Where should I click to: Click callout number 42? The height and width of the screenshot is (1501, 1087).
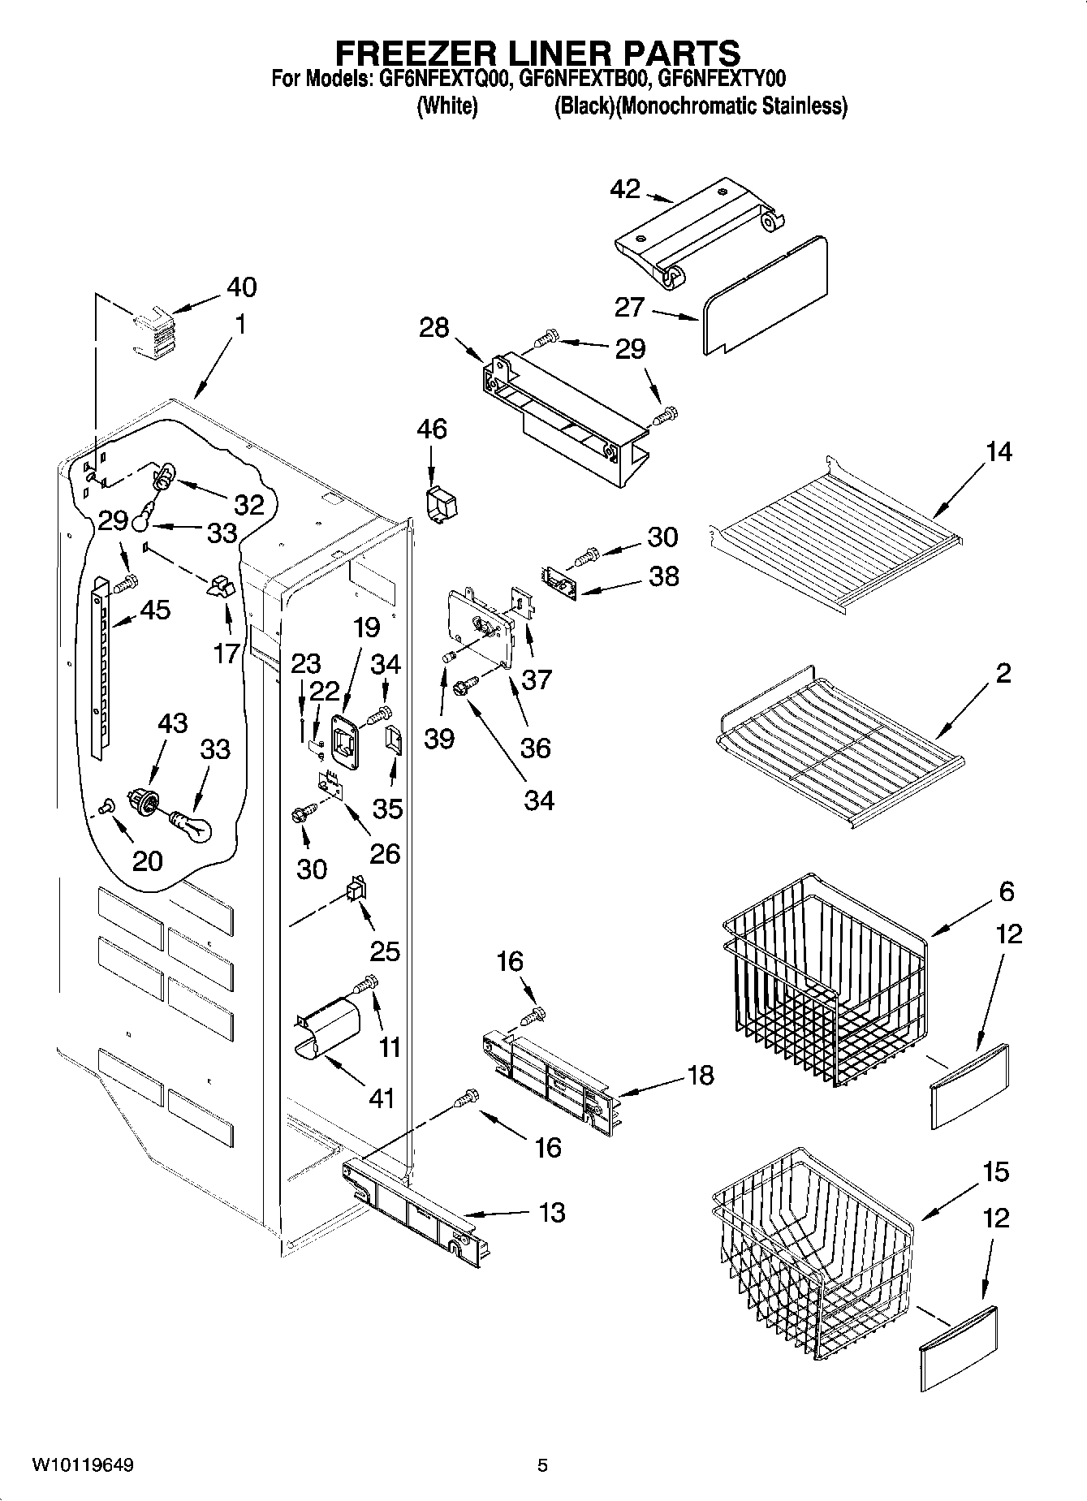point(625,189)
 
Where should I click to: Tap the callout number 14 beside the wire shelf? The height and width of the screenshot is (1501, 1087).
point(999,451)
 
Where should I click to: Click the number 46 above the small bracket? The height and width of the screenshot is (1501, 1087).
point(431,429)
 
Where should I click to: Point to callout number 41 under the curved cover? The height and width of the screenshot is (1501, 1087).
point(381,1098)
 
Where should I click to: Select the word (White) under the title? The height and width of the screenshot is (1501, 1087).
point(446,106)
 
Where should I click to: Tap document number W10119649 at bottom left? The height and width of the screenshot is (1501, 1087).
point(82,1465)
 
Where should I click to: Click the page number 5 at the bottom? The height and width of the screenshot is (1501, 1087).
point(542,1465)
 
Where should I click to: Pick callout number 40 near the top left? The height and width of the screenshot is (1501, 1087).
point(241,287)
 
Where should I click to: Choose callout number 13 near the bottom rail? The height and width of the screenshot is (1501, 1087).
point(551,1213)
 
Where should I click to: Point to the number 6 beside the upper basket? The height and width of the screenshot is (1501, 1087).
point(1006,891)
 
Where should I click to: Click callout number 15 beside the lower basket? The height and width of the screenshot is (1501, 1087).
point(995,1172)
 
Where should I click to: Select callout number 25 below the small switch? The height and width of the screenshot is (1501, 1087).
point(385,950)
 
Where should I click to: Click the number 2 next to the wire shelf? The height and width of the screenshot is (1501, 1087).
point(1003,673)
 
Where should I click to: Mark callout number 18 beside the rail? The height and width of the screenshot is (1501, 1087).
point(700,1076)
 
